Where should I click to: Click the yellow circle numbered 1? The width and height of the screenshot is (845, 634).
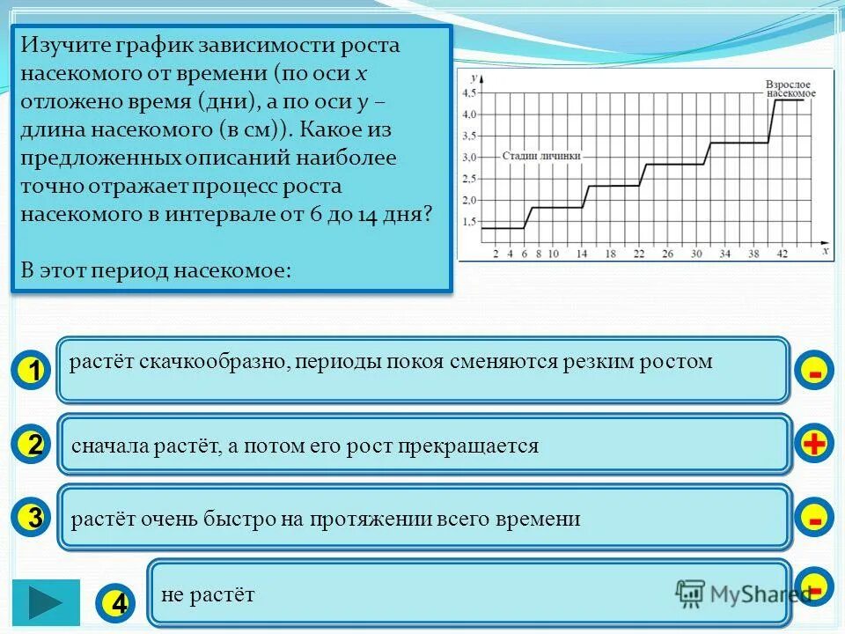pos(33,372)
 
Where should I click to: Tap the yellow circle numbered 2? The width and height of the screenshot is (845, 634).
pos(33,445)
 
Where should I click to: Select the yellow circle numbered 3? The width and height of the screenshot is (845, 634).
pos(33,518)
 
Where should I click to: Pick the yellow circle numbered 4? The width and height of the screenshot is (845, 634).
pos(119,603)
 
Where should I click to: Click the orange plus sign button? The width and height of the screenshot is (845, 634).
pos(815,445)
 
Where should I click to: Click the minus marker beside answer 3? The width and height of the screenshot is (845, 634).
pos(815,519)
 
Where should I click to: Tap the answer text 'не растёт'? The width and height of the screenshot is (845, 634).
pos(208,595)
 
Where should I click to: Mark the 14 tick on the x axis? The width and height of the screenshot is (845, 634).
pos(582,254)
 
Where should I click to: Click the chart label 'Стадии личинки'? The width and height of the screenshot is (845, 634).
pos(542,156)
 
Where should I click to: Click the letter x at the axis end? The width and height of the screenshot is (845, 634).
pos(825,252)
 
